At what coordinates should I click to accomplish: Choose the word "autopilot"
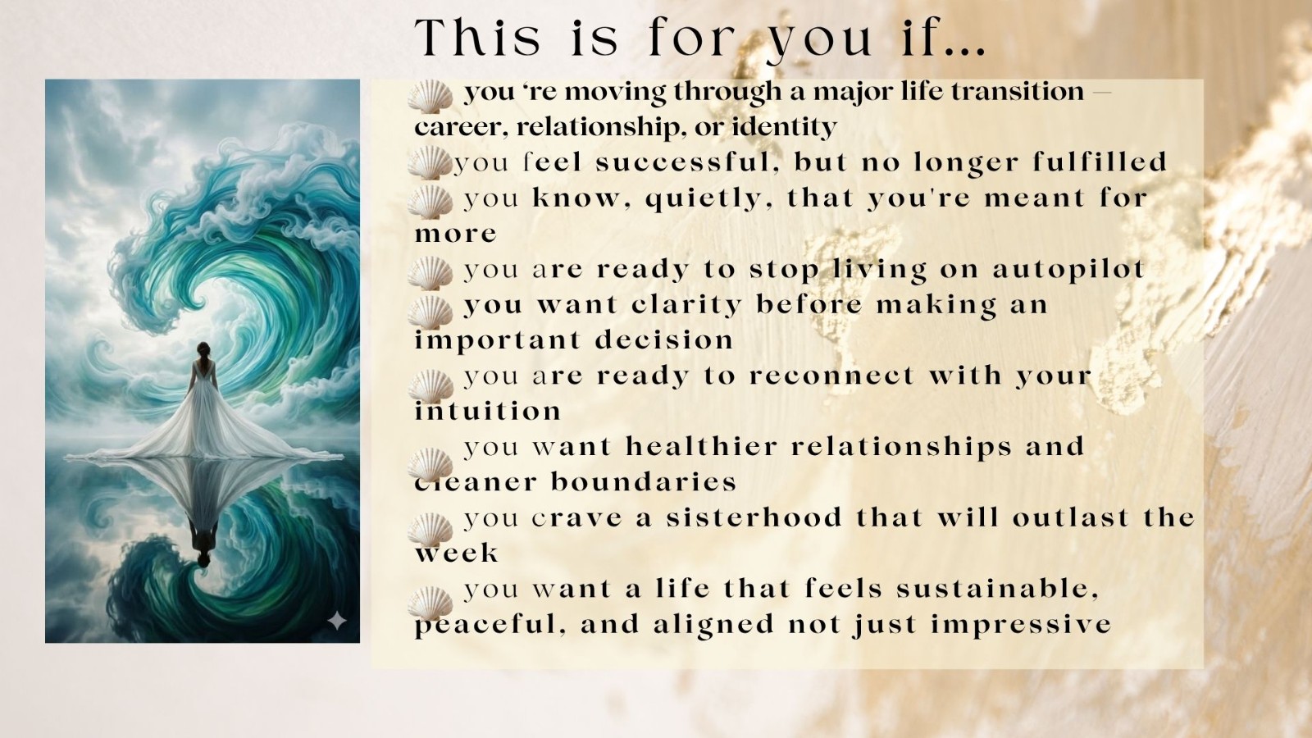click(1068, 270)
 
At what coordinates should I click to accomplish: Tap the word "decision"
click(664, 340)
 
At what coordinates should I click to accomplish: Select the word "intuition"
click(488, 411)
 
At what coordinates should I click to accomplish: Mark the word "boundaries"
click(643, 482)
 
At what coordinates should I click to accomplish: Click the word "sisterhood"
click(754, 517)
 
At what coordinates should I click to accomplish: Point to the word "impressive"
click(1021, 624)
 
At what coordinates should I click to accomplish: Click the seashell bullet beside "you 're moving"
click(430, 96)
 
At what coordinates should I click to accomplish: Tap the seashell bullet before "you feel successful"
click(430, 162)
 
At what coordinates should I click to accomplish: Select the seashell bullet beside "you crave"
click(430, 530)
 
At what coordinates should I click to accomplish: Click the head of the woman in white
click(203, 350)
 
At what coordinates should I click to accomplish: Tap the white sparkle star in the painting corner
click(337, 621)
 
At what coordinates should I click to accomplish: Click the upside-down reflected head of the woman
click(203, 560)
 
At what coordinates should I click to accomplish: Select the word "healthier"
click(702, 447)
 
